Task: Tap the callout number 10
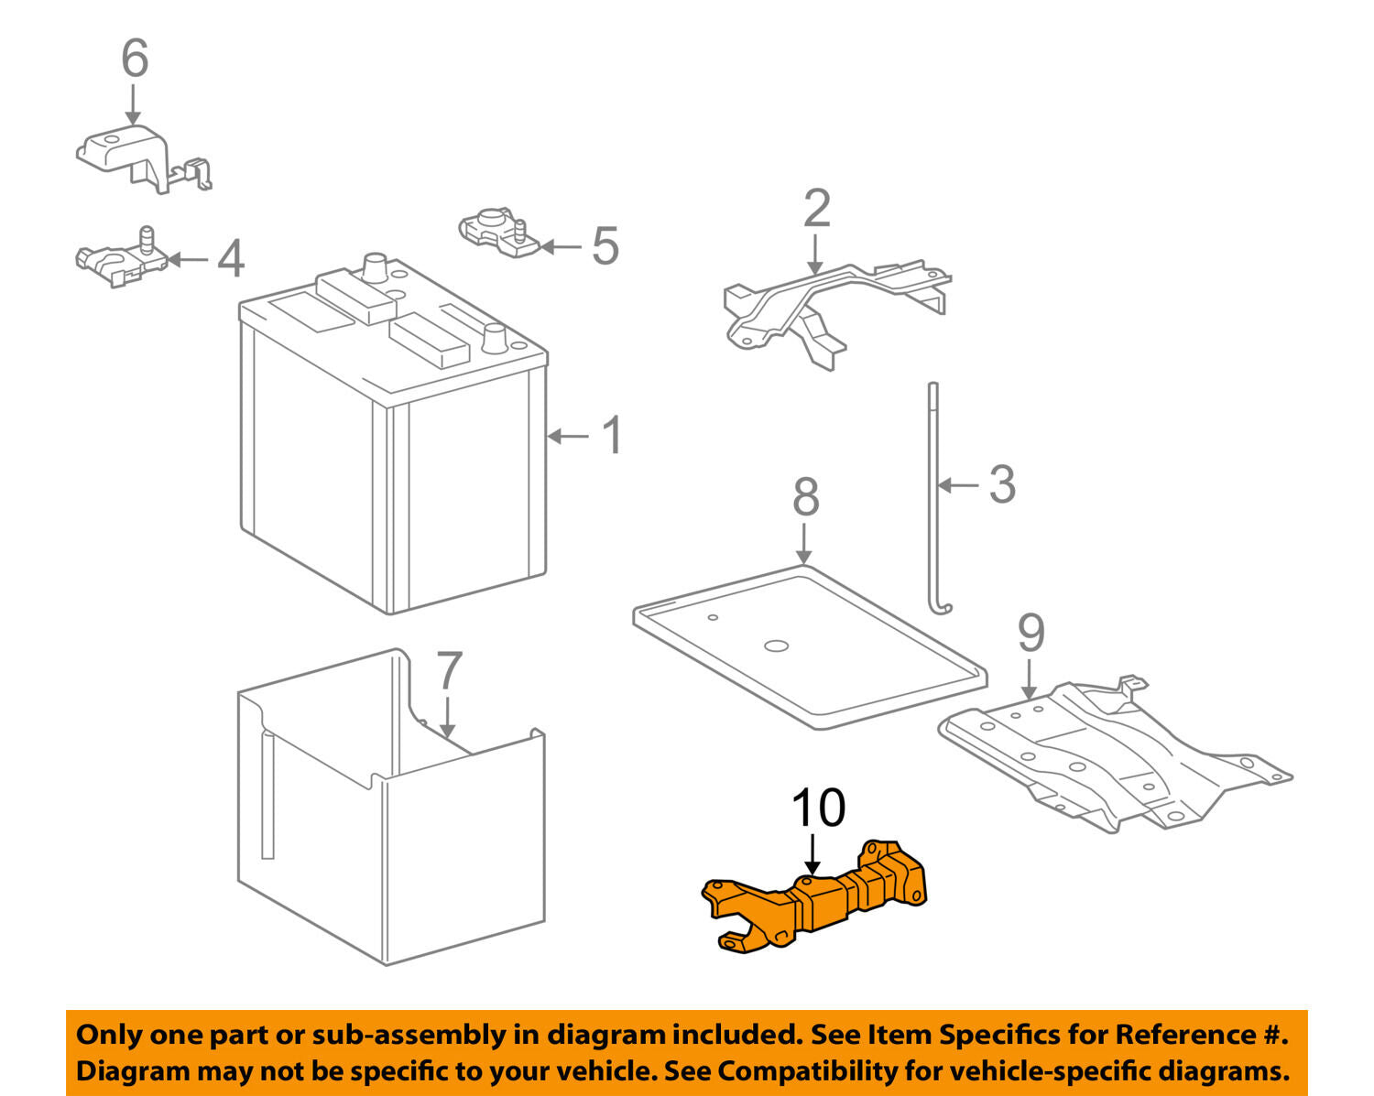tap(818, 808)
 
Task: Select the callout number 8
tap(805, 497)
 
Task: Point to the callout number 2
tap(816, 209)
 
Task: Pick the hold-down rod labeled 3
tap(932, 494)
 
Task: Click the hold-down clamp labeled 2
tap(824, 302)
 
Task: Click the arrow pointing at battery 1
tap(569, 436)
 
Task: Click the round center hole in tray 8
tap(775, 646)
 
